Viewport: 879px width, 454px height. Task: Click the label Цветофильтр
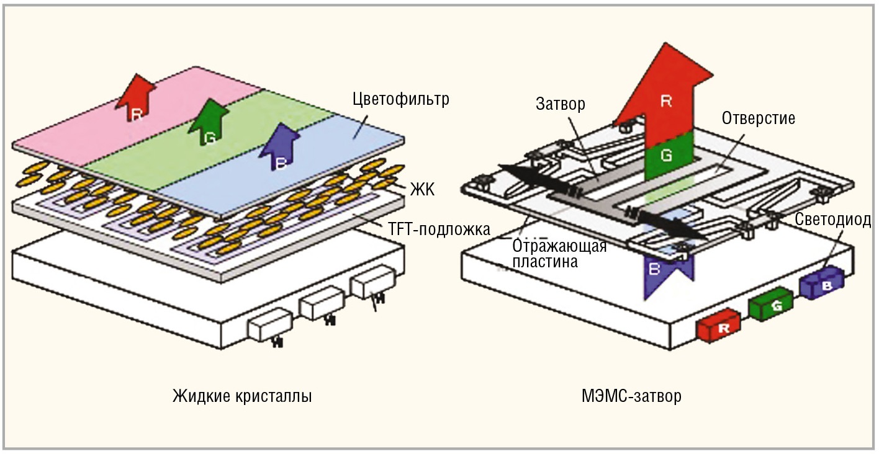pos(400,99)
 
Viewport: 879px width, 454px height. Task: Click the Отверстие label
pos(758,118)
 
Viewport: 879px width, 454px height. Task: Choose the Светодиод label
pos(833,220)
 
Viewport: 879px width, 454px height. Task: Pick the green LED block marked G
pos(772,306)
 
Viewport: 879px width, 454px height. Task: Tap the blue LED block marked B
pos(822,285)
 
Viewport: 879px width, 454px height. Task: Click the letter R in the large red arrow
pos(667,102)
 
